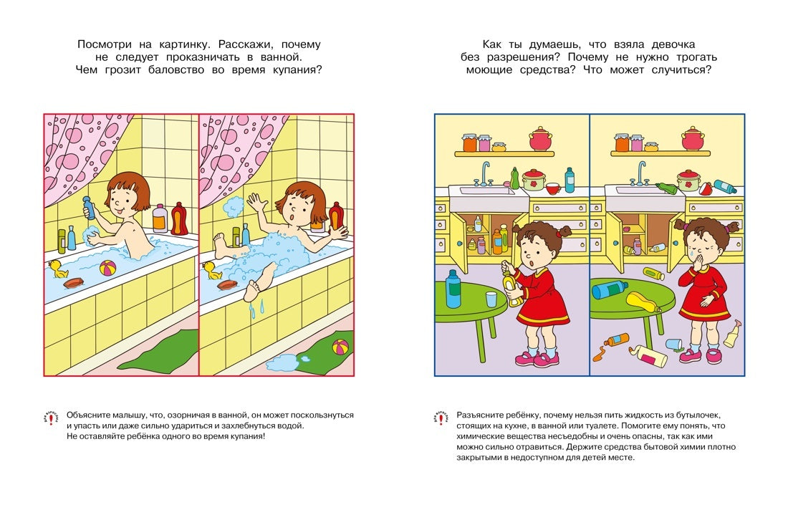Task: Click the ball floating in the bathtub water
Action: (108, 269)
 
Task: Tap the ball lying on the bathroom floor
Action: (339, 347)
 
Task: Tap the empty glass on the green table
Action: (491, 299)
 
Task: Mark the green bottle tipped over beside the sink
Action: (667, 188)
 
